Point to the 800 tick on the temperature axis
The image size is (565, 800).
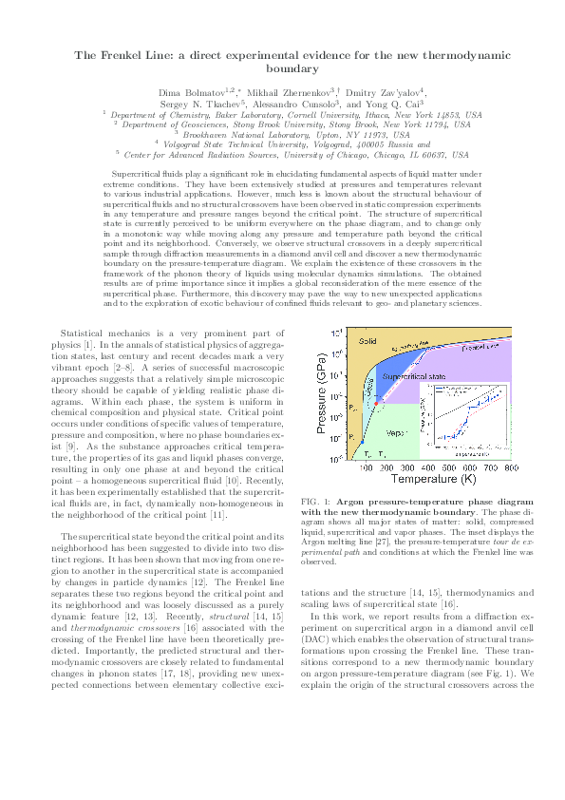(511, 469)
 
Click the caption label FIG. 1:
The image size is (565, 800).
(316, 501)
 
